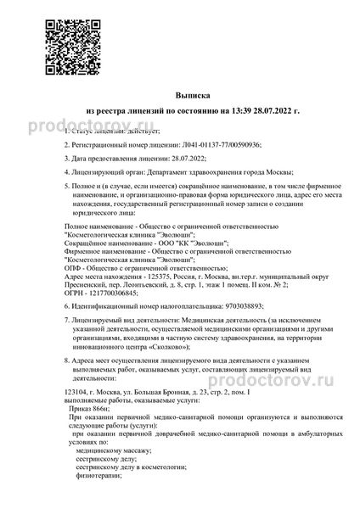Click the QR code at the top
pos(48,40)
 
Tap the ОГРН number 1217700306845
pos(108,293)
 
